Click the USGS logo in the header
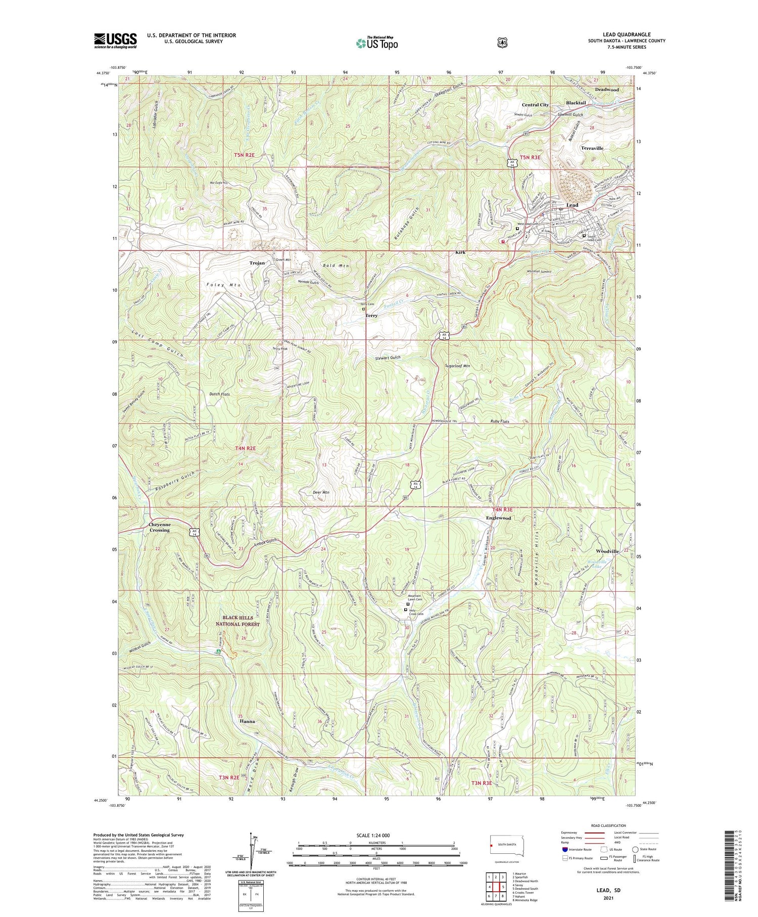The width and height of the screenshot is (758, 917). click(115, 40)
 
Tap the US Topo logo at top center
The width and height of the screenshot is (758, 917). click(377, 43)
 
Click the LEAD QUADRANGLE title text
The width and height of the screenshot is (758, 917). click(627, 34)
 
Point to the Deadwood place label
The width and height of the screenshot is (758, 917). click(606, 90)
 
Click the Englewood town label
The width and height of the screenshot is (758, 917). click(498, 518)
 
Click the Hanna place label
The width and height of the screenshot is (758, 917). click(247, 721)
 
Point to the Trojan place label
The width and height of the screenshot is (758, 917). click(257, 263)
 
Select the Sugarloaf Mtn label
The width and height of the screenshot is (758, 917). click(457, 366)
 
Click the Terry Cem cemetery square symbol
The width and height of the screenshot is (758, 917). click(363, 309)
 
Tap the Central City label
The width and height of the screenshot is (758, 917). click(535, 105)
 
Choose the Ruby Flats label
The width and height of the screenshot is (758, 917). click(500, 421)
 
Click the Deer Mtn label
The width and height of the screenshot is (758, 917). click(321, 492)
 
